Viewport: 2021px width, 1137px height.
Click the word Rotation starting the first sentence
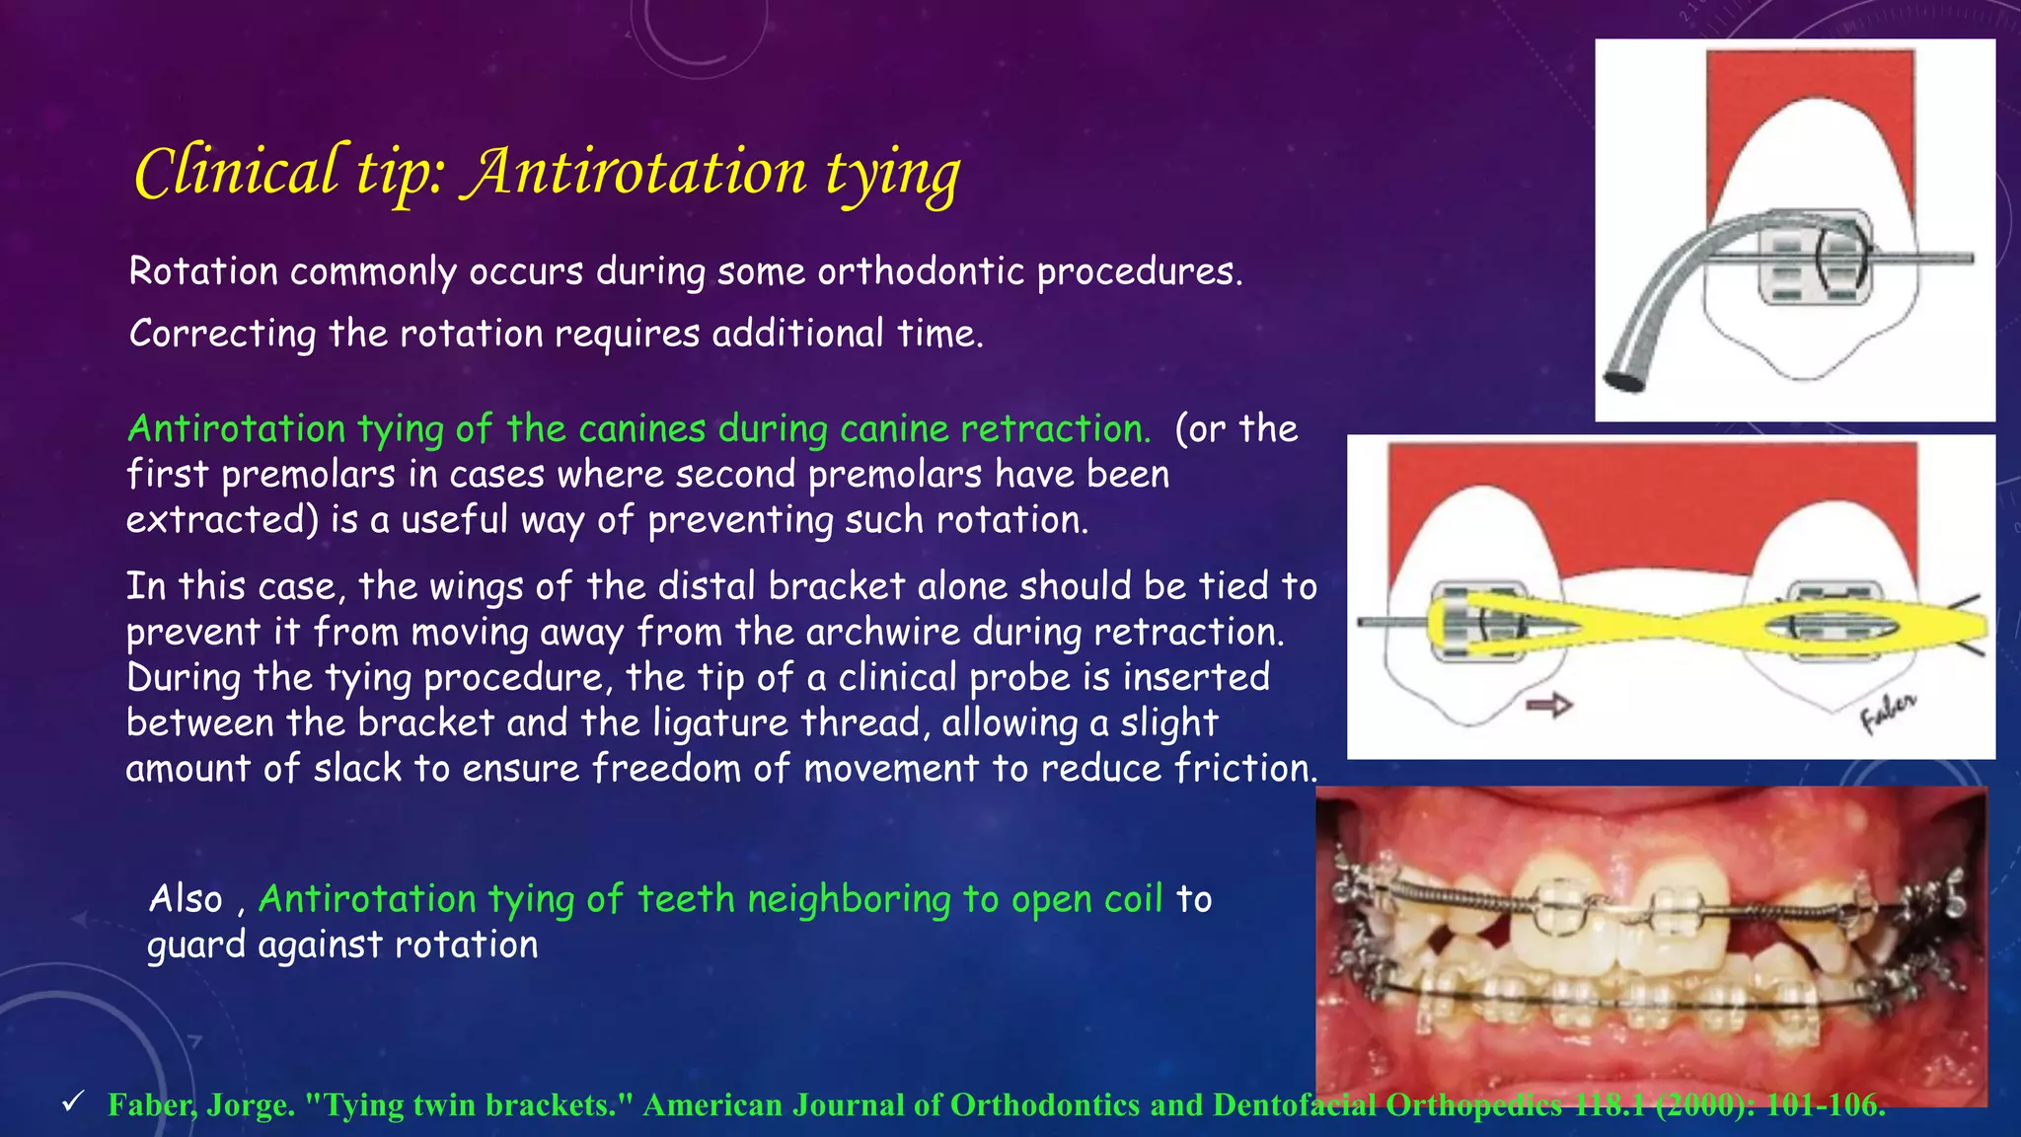[203, 271]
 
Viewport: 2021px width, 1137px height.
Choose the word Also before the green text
[186, 899]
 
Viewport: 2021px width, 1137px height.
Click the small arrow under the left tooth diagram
[1548, 706]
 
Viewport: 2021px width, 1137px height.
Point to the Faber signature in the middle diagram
[1887, 713]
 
